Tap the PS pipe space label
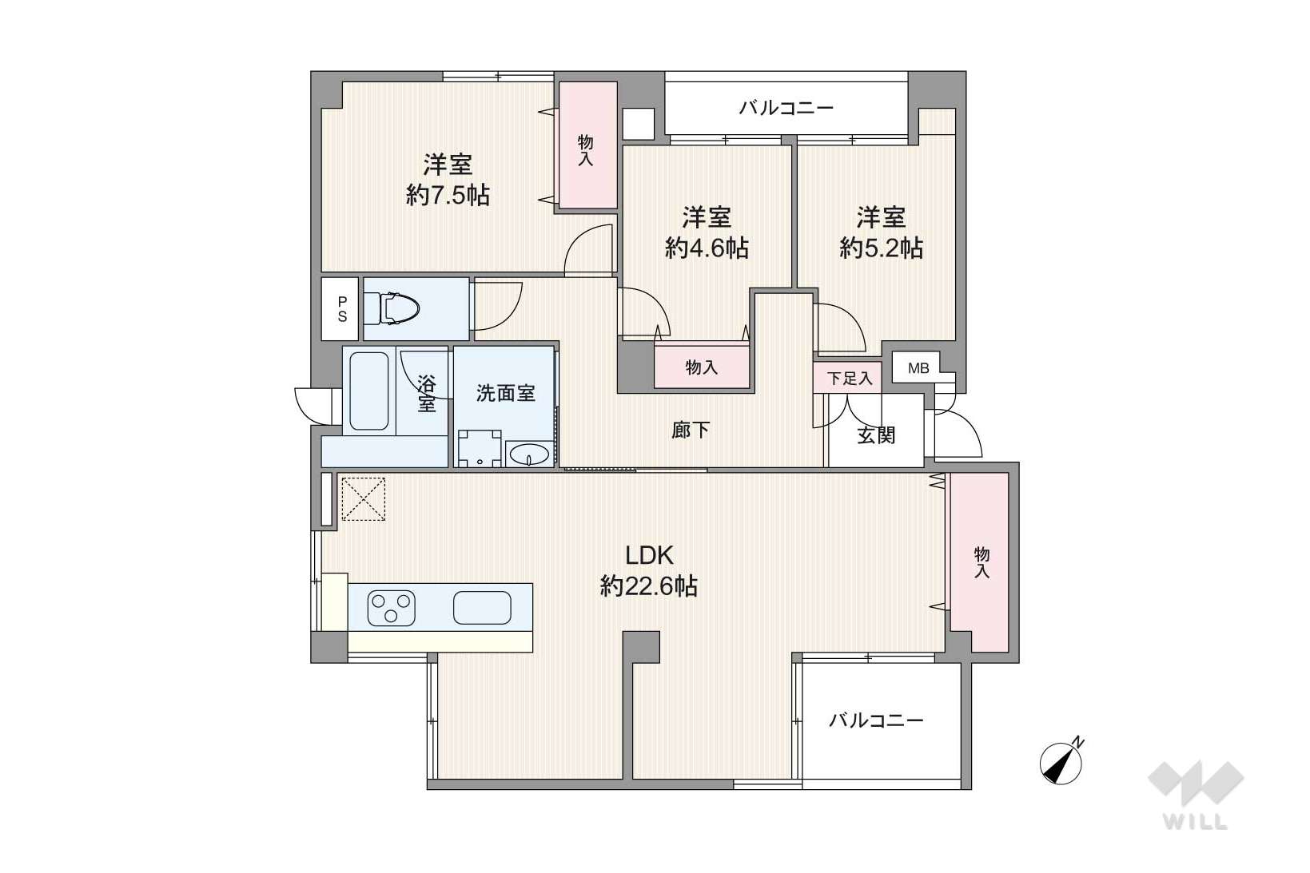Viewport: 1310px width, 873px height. coord(342,309)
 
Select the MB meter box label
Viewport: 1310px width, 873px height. coord(918,368)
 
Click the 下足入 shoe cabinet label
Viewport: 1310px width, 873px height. coord(849,379)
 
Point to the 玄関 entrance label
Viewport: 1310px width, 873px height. coord(876,435)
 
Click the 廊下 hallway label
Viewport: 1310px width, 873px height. coord(691,431)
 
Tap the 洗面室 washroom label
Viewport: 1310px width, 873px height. coord(505,393)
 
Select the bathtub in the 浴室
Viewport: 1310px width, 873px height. coord(369,391)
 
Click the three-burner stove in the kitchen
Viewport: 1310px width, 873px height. coord(392,608)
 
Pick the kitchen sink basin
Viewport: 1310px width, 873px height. coord(483,608)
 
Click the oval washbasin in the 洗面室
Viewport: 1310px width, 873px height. coord(528,454)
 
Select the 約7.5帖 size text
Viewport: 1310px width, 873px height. coord(448,195)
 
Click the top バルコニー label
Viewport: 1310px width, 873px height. coord(786,108)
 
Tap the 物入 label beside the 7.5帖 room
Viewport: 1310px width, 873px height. coord(585,150)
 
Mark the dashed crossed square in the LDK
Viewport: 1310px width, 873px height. coord(363,499)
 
